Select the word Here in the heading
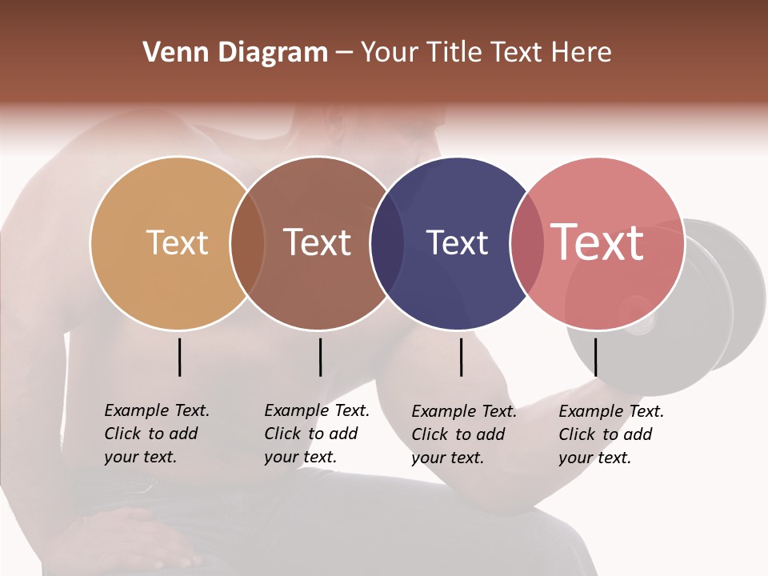581,53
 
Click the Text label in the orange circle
177,242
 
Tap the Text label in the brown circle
317,242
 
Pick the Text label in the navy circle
457,242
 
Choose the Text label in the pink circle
598,242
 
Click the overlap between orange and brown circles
247,243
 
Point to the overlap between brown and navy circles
387,243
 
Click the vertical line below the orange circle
179,357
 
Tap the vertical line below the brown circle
320,357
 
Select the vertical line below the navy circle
461,357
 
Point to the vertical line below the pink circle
595,357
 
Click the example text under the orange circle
156,434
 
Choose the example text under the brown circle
316,434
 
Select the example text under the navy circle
463,434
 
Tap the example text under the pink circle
610,434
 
